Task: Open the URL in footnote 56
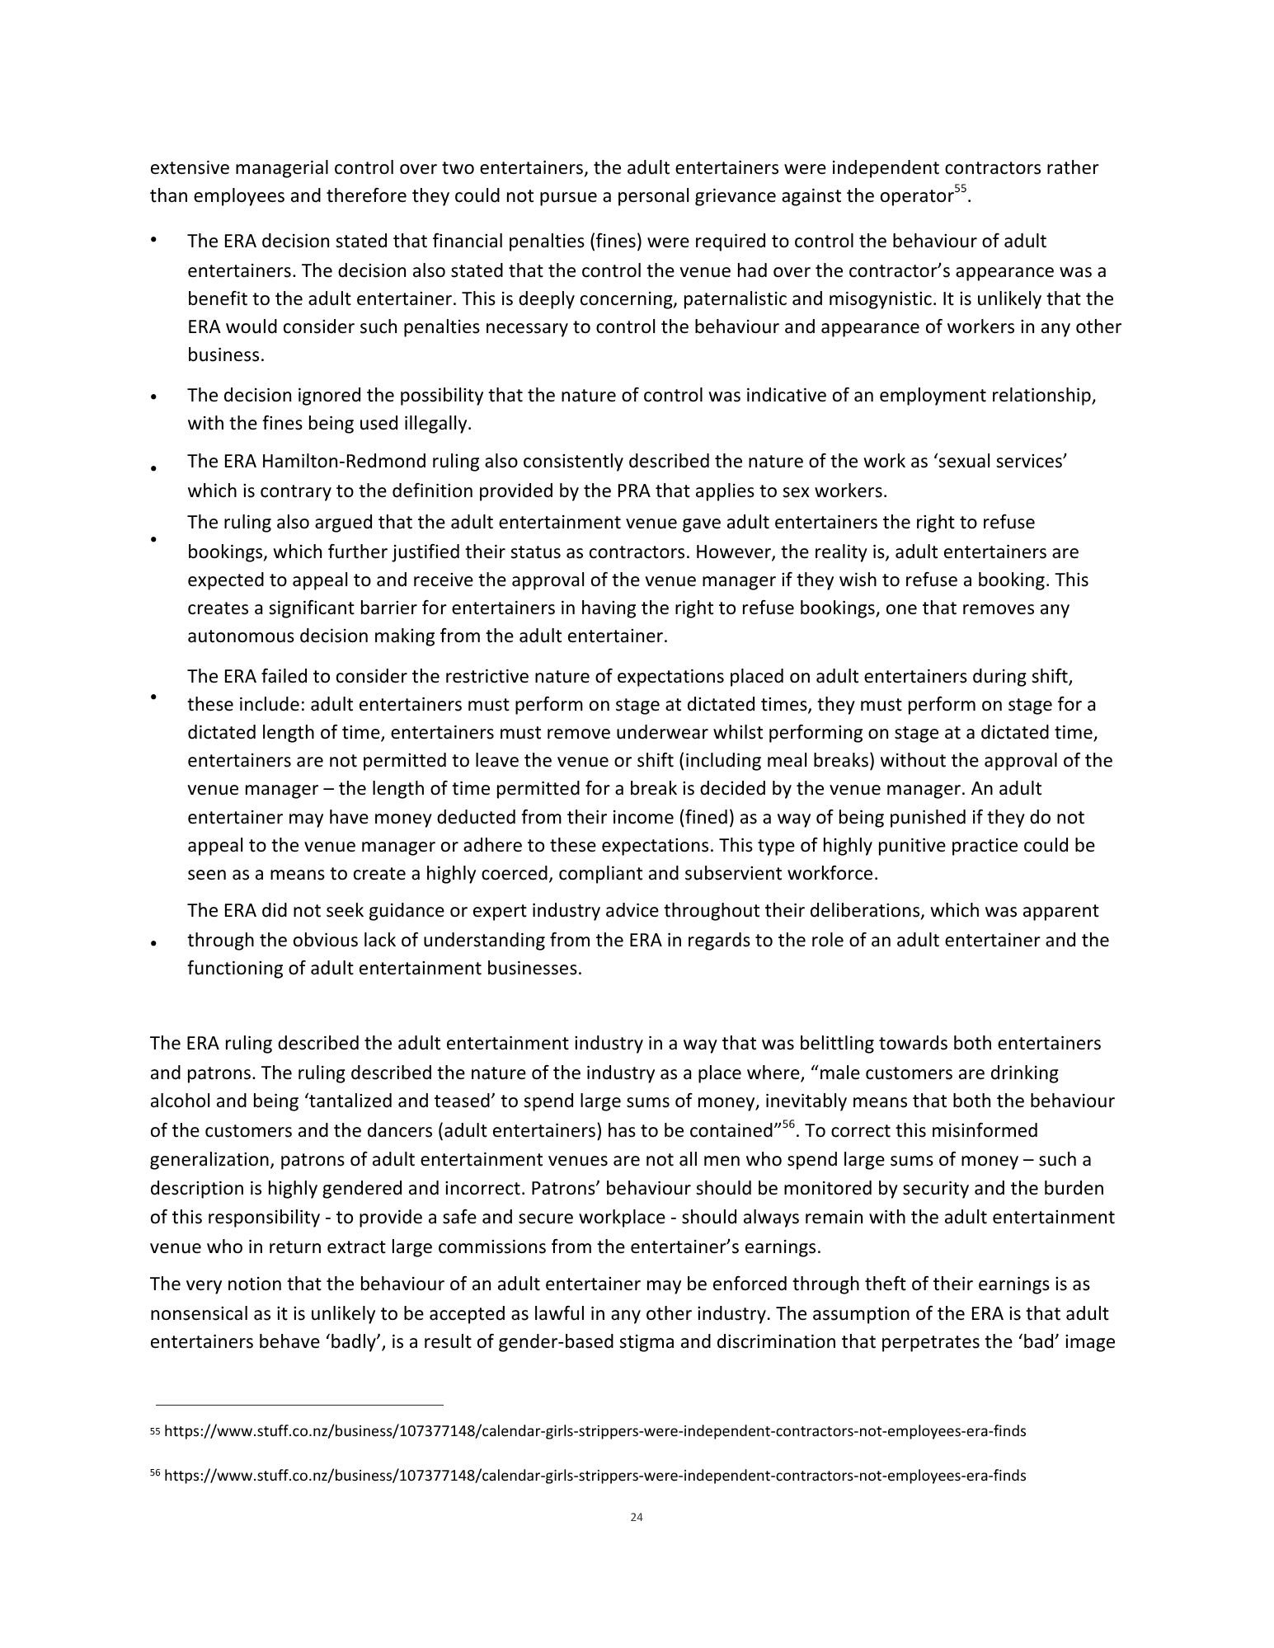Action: point(595,1476)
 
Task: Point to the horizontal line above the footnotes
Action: point(299,1404)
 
